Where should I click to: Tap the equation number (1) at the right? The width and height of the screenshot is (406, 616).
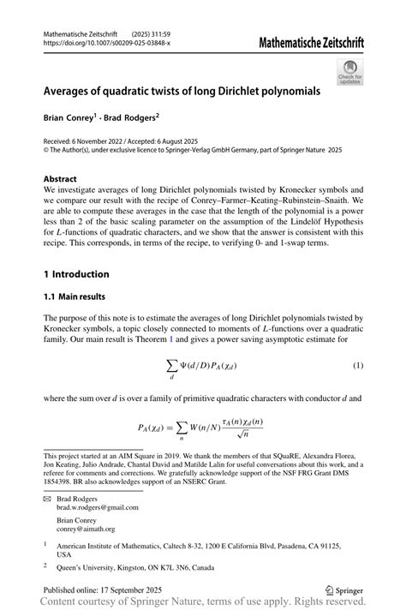pos(358,366)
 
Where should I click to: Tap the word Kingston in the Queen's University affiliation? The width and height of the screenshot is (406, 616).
pos(134,566)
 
